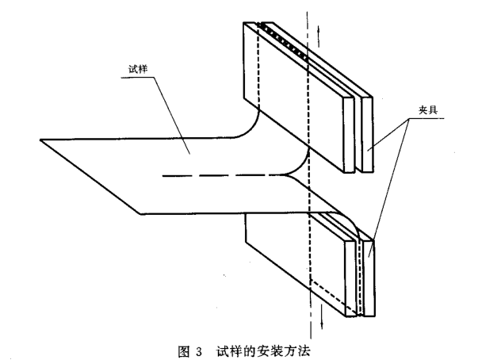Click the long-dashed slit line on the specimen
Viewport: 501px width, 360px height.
coord(222,175)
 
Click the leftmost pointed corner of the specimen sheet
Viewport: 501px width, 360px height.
coord(41,140)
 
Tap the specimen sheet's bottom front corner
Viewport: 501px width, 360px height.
coord(140,213)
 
